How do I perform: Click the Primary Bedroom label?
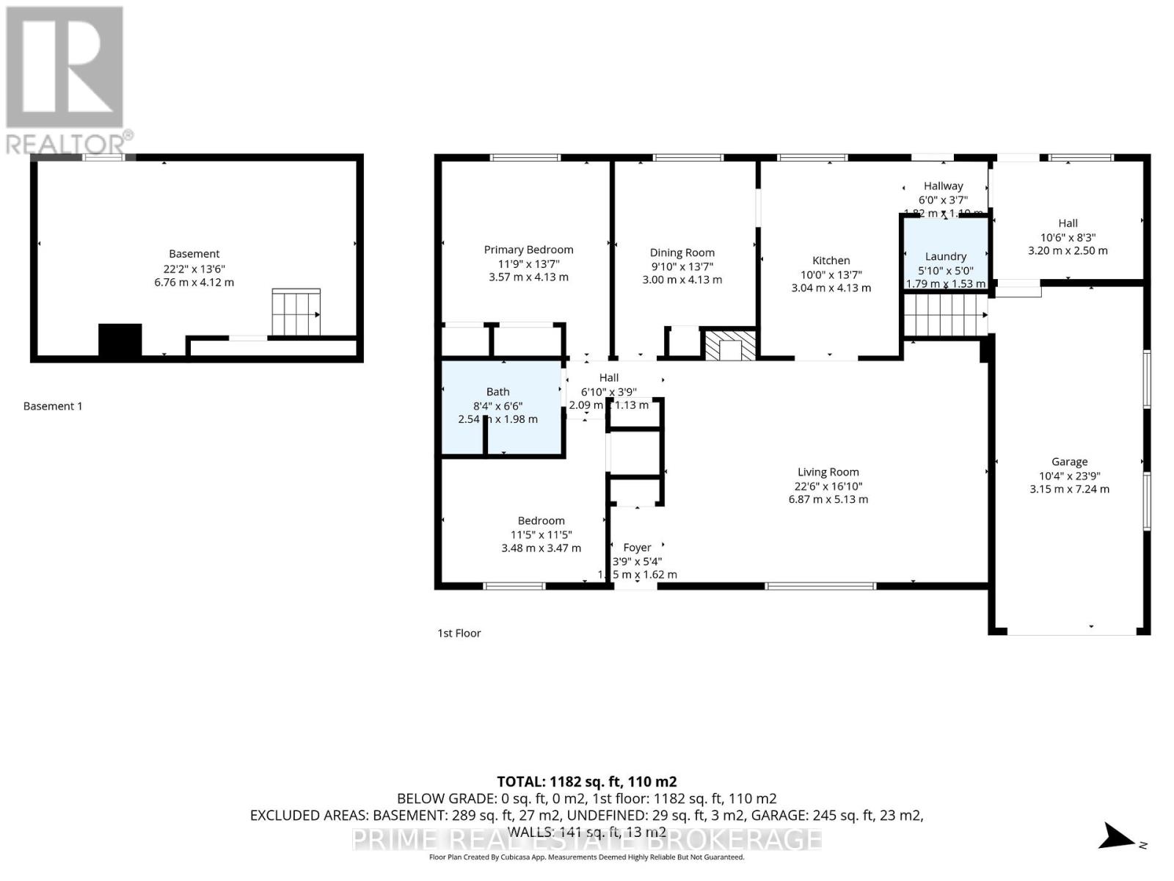pos(528,250)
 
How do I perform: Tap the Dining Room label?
pos(682,253)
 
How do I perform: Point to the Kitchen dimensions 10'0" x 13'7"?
pos(831,275)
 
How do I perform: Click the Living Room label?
pos(828,472)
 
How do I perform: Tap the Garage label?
pos(1069,462)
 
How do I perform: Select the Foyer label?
pos(637,548)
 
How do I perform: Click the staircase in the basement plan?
pos(296,313)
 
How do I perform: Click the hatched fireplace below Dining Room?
pos(729,345)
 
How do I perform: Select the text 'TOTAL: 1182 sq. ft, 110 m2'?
pos(586,782)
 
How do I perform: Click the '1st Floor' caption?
pos(459,633)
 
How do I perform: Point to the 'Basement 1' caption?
pos(53,406)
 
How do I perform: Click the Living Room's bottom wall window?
pos(820,586)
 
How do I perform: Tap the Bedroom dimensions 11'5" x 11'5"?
pos(541,534)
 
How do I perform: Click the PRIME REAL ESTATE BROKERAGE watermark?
pos(586,838)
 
